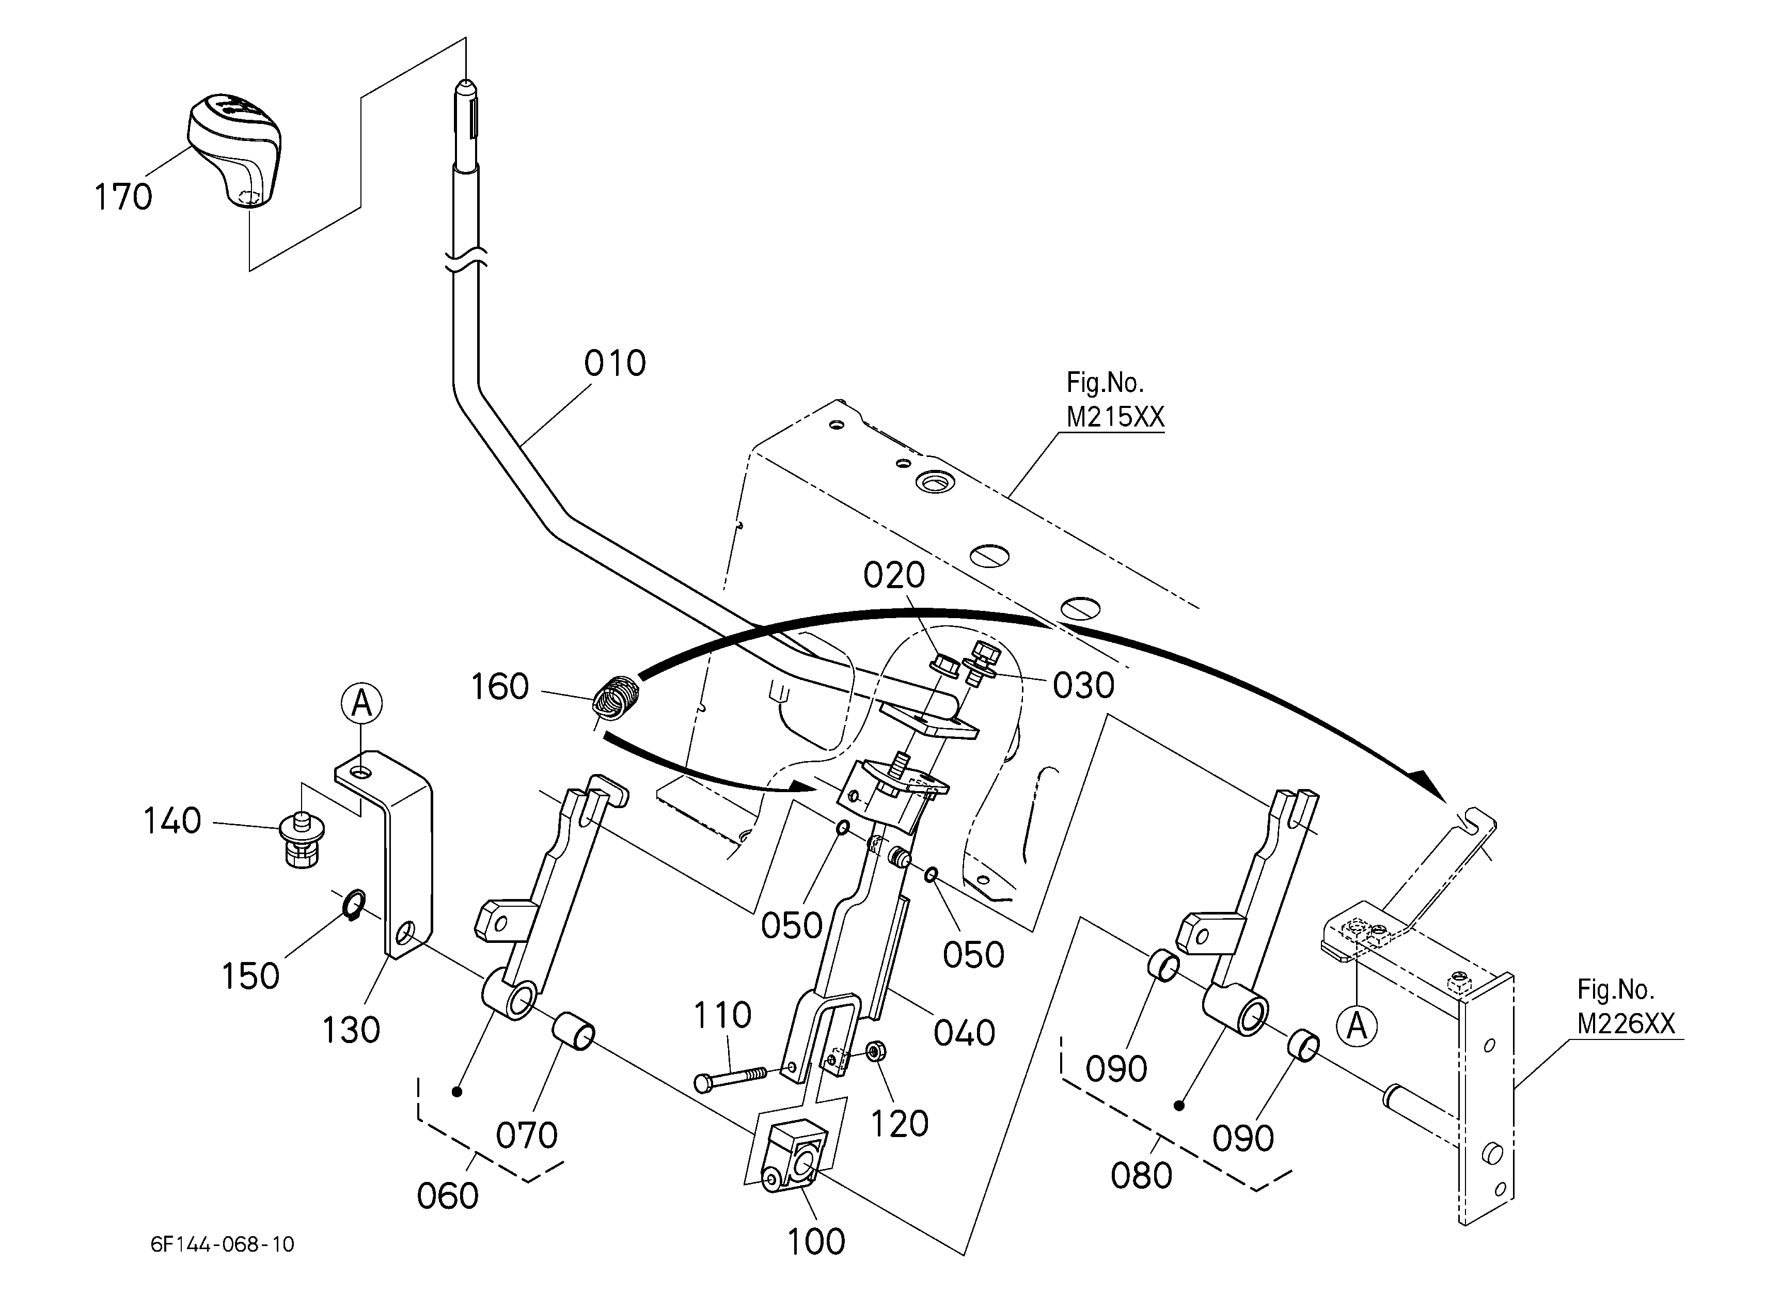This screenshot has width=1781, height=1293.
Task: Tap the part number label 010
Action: pos(615,364)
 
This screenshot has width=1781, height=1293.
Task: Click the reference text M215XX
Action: pos(1115,417)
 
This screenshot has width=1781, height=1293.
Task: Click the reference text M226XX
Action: pos(1626,1024)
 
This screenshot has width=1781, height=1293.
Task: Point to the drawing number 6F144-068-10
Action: pos(223,1244)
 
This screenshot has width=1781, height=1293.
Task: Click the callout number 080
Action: pos(1141,1176)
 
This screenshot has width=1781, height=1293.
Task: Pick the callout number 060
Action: pos(448,1196)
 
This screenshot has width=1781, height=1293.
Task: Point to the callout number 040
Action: pos(964,1033)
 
